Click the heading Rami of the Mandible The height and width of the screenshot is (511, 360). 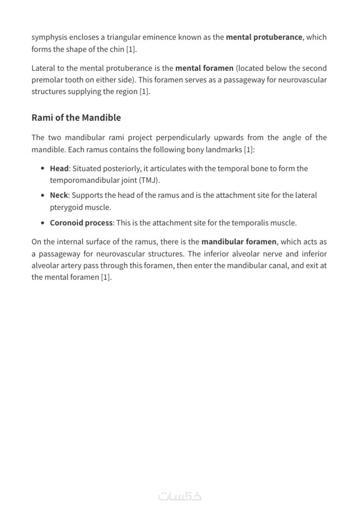coord(76,118)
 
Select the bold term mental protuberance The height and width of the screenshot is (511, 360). coord(264,37)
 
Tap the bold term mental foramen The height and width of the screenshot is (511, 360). coord(204,68)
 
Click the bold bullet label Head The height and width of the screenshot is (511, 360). coord(59,169)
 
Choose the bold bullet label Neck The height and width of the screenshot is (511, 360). coord(58,195)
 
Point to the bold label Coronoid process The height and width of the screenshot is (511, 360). coord(81,223)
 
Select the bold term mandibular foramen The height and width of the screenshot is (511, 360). coord(239,242)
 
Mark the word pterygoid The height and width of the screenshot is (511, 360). coord(67,208)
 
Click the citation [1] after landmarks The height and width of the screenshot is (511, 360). coord(248,149)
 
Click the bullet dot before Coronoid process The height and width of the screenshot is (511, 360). coord(42,223)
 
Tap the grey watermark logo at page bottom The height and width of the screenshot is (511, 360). coord(180,496)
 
